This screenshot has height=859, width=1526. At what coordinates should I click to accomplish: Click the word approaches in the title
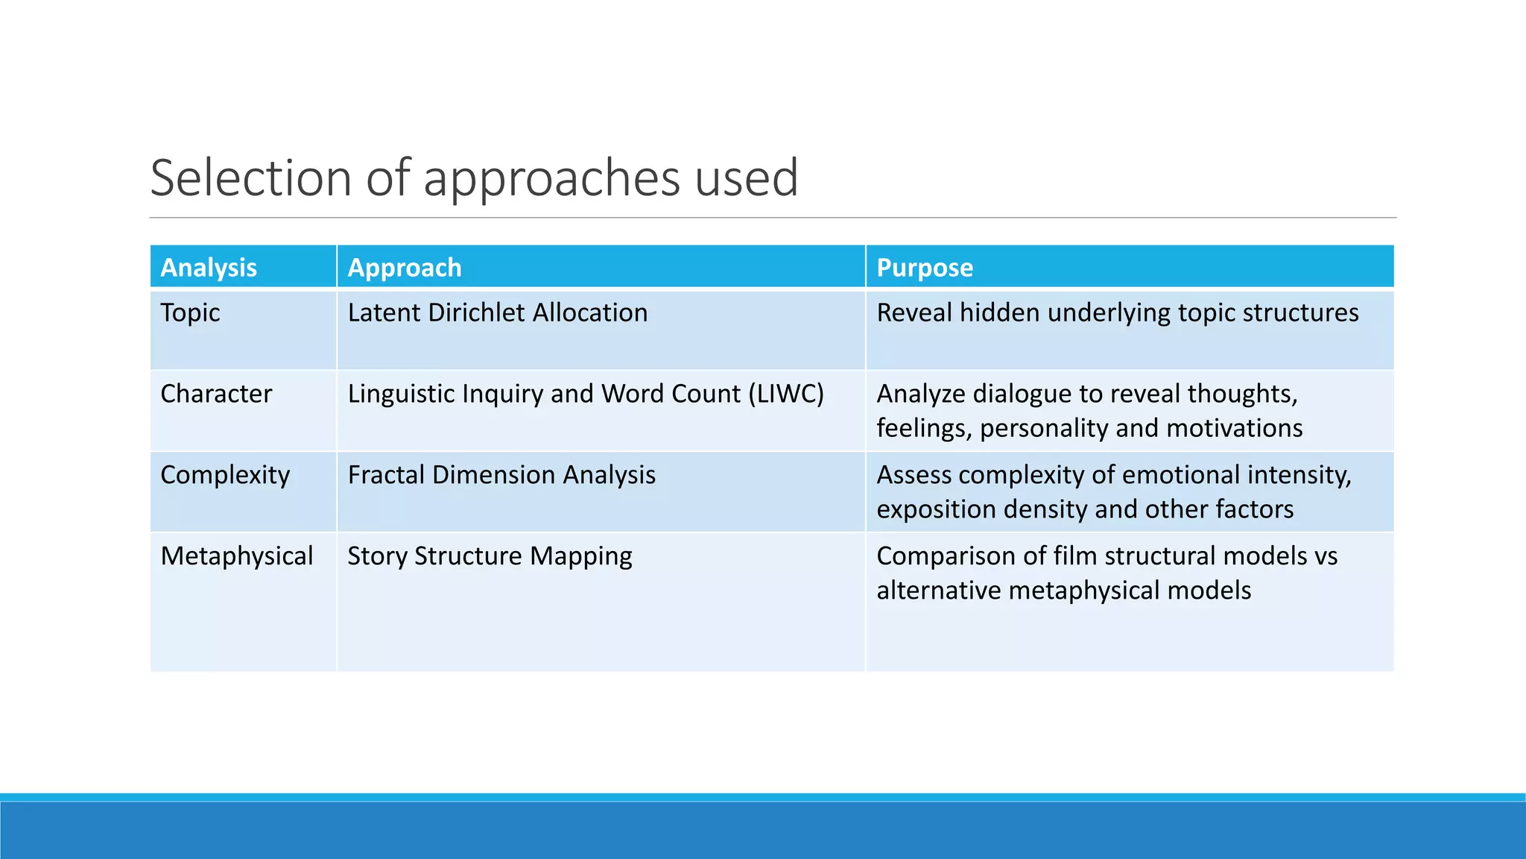(552, 179)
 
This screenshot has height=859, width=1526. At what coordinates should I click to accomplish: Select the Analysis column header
(209, 268)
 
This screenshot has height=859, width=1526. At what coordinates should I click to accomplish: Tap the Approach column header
(405, 268)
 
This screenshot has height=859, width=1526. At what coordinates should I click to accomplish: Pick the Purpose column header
(925, 268)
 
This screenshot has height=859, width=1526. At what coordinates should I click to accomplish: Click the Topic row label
(190, 312)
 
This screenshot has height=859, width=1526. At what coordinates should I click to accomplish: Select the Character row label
(216, 394)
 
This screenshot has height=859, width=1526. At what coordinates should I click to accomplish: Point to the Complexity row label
(225, 475)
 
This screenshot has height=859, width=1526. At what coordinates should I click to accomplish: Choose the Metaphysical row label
(237, 556)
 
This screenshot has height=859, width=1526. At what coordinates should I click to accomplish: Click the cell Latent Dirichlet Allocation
(498, 312)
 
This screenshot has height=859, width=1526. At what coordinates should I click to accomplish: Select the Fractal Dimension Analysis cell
(501, 475)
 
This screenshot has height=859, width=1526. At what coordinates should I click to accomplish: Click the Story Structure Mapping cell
(490, 556)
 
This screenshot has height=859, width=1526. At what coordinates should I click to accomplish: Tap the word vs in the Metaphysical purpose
(1326, 556)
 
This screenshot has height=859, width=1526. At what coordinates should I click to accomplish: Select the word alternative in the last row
(939, 591)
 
